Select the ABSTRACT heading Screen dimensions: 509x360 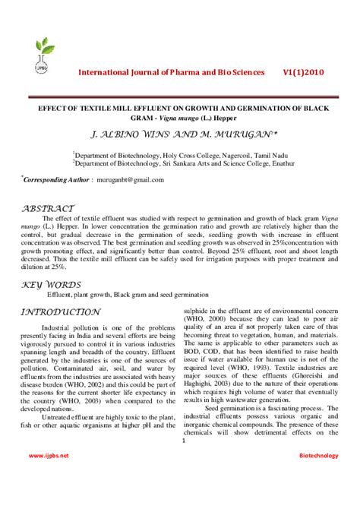(x=49, y=207)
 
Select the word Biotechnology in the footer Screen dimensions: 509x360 (x=317, y=455)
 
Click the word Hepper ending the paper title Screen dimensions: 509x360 (x=227, y=119)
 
